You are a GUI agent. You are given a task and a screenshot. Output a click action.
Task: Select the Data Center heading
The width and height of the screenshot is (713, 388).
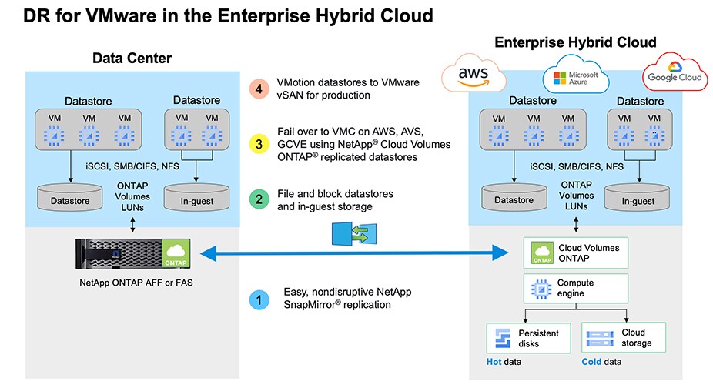[132, 59]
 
